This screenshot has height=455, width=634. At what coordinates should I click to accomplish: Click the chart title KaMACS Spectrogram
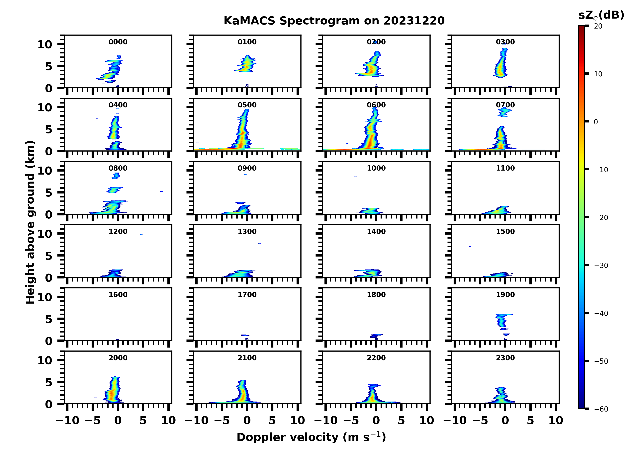click(334, 21)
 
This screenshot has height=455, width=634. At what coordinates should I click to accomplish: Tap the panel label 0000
click(118, 42)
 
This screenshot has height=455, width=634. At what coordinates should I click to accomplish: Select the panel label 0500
click(247, 105)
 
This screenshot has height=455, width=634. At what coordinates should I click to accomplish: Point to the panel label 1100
click(505, 168)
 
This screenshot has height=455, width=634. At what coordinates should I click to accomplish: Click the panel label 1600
click(118, 295)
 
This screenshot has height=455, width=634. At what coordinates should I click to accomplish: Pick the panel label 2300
click(505, 358)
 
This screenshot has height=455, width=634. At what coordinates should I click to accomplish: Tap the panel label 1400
click(376, 231)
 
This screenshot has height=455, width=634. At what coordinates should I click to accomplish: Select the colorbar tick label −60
click(601, 409)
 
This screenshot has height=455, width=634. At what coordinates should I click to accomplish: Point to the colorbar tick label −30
click(601, 265)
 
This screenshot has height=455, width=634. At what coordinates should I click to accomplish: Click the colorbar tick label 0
click(596, 122)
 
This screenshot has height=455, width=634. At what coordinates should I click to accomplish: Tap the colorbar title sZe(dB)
click(601, 15)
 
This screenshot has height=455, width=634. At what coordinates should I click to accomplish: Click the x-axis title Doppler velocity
click(311, 437)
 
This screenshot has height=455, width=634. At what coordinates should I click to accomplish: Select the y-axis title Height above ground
click(30, 222)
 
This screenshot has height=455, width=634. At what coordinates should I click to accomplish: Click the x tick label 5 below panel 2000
click(143, 420)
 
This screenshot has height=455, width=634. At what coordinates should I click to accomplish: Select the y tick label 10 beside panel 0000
click(45, 44)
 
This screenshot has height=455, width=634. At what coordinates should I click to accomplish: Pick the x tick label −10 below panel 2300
click(455, 420)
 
